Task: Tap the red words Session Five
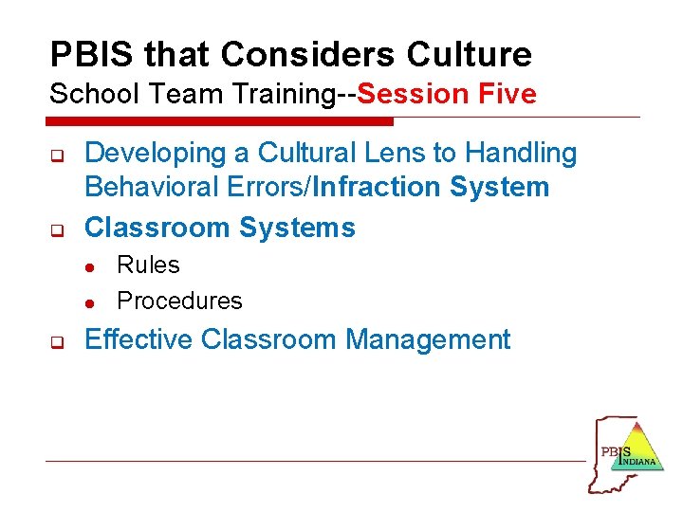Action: [447, 94]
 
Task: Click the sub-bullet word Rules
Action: [148, 265]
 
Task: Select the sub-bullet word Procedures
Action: [179, 302]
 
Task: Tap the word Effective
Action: [139, 339]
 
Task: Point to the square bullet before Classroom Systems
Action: [55, 229]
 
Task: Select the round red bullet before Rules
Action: [88, 267]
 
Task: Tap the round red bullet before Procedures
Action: [88, 303]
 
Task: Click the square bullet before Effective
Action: [55, 341]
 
